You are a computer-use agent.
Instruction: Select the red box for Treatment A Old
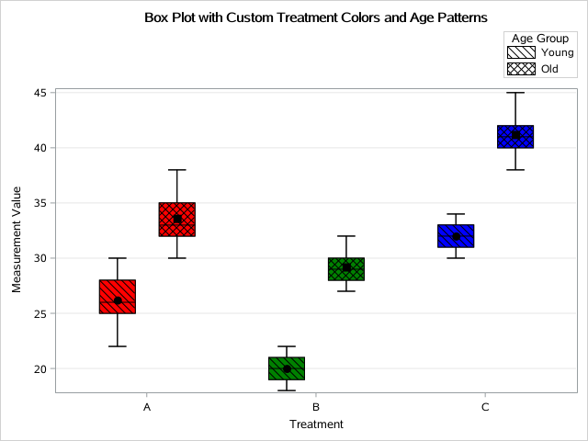(176, 220)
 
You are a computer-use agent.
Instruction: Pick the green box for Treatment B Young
(287, 368)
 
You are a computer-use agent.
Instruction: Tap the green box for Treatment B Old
(346, 269)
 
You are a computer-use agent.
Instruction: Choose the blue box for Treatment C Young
(456, 236)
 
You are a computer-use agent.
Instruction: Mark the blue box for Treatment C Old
(515, 136)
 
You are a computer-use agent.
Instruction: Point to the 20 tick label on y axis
(41, 368)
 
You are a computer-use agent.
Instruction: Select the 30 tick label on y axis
(41, 258)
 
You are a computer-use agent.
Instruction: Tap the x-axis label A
(147, 406)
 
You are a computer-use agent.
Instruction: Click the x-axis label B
(316, 406)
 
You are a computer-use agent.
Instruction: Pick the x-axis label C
(486, 406)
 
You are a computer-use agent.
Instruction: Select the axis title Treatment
(316, 424)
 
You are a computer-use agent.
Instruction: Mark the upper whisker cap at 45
(515, 93)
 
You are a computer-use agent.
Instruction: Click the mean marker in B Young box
(287, 369)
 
